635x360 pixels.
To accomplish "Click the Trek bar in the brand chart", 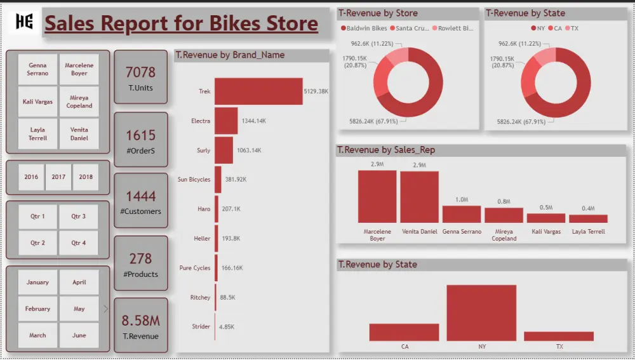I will (258, 91).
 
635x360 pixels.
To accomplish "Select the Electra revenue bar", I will (225, 121).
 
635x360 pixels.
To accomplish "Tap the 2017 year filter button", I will (58, 177).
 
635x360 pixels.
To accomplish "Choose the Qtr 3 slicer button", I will (79, 217).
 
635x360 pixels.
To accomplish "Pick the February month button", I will (37, 309).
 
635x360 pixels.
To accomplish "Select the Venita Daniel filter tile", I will (79, 133).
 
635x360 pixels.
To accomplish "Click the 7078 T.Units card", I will (140, 77).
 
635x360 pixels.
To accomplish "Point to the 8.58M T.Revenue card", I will (140, 325).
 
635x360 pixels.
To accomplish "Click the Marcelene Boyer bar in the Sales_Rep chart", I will (377, 196).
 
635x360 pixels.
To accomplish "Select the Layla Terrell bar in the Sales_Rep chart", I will (587, 218).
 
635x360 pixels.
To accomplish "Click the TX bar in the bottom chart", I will (558, 337).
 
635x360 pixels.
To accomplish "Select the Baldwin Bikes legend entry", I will (364, 29).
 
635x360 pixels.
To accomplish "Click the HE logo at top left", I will (25, 22).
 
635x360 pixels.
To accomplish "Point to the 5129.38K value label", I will (316, 91).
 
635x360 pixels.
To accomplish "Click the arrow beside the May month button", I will (105, 309).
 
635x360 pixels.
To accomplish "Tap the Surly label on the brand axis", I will (203, 150).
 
